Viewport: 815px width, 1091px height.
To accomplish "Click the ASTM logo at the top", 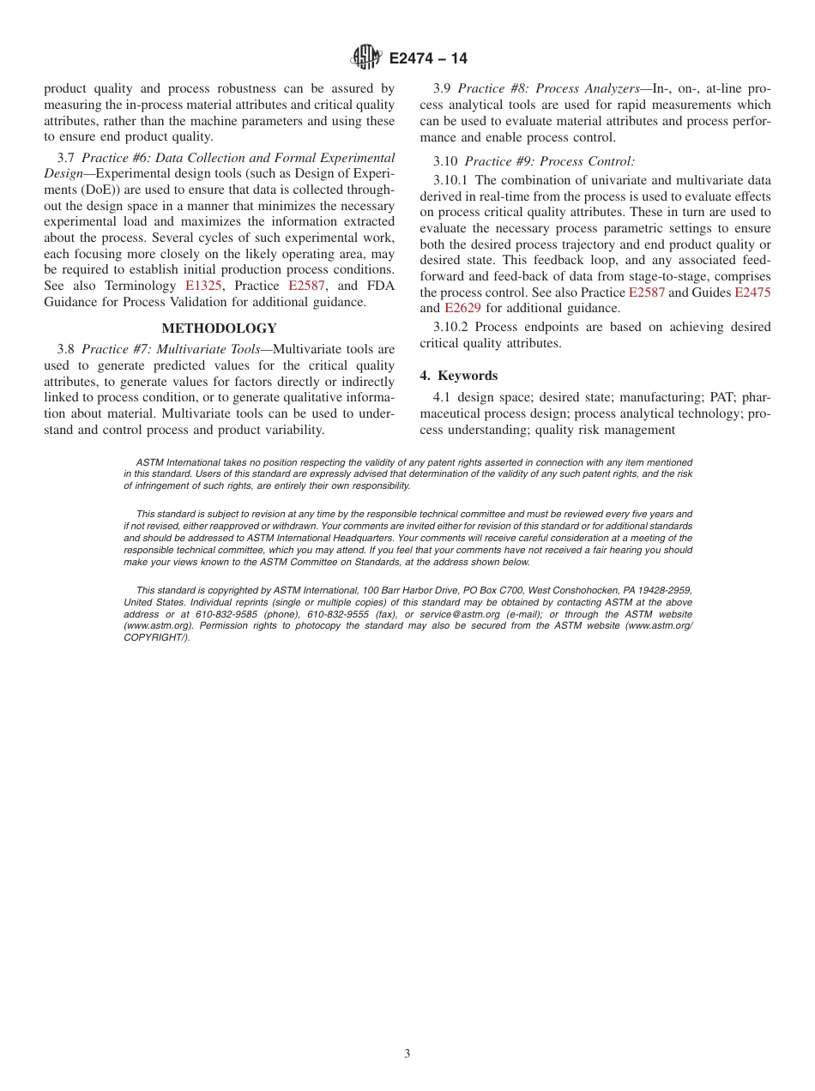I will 366,57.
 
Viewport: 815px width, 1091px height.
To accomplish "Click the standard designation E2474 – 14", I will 428,58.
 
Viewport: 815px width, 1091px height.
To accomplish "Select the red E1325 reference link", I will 204,286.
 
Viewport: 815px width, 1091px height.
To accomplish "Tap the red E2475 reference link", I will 752,292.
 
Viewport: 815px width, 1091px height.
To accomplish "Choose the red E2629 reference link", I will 462,308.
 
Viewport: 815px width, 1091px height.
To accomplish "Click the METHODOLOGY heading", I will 219,329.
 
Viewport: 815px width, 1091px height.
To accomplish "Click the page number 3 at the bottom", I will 407,1054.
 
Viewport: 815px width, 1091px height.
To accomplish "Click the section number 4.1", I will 443,397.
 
